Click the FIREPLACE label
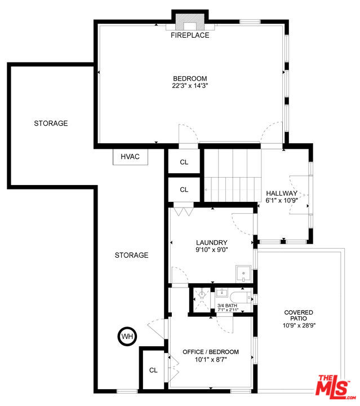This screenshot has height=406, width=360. point(190,35)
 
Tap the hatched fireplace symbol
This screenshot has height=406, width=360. point(190,22)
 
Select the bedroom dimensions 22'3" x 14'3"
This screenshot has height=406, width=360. point(190,86)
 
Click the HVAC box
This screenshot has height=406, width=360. point(130,157)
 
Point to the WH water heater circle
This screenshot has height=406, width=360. point(127,336)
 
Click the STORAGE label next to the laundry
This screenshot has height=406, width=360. point(131,255)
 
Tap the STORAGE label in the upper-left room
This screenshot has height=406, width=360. point(51,123)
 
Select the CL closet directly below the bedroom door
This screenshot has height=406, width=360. point(184,162)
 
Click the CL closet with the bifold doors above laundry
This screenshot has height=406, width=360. point(184,190)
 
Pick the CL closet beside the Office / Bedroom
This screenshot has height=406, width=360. point(153,370)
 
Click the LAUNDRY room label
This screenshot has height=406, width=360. point(212,242)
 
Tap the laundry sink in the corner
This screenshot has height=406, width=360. point(243,274)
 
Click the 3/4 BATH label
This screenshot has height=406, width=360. point(227,306)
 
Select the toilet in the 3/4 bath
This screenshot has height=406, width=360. point(241,298)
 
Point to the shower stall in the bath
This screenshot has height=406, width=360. point(202,300)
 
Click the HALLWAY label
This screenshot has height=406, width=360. point(282,193)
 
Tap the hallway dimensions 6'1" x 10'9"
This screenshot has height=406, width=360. point(282,200)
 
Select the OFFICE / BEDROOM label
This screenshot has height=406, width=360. point(211,352)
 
